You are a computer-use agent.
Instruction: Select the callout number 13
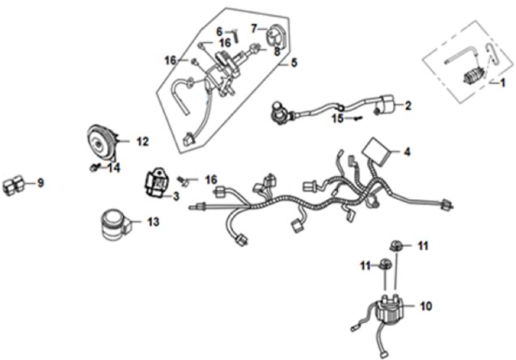[x=152, y=222]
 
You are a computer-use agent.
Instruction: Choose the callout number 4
[x=408, y=153]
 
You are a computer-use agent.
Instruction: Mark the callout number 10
[x=425, y=305]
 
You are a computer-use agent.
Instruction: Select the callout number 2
[x=408, y=107]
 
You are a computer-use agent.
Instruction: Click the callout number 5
[x=293, y=63]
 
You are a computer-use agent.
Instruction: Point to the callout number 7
[x=254, y=28]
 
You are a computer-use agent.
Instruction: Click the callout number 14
[x=114, y=168]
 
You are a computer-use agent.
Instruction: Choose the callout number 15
[x=338, y=118]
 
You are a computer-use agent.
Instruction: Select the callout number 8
[x=277, y=51]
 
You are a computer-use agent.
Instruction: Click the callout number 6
[x=219, y=32]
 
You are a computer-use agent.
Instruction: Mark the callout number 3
[x=175, y=197]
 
